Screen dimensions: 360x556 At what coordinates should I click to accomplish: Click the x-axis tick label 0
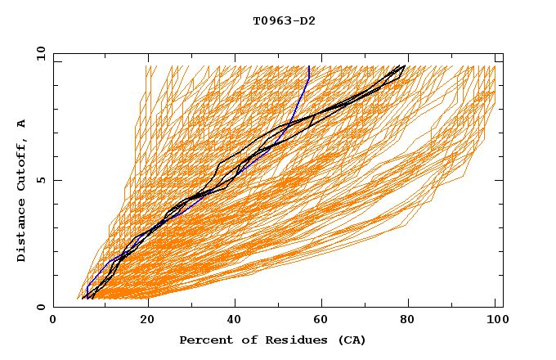coord(53,321)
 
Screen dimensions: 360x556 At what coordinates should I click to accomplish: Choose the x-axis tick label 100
coord(495,321)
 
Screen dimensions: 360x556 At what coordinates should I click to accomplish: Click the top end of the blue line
coord(309,66)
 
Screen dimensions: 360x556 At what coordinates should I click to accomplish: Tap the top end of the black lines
coord(404,66)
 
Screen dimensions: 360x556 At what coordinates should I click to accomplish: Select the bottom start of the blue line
coord(87,298)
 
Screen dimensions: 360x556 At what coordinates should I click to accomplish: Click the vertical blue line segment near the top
coord(309,72)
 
